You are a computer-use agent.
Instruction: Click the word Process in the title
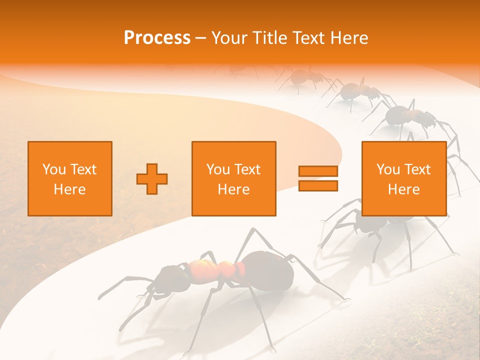[157, 38]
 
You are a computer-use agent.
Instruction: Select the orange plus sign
[152, 178]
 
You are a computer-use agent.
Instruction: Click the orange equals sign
[318, 178]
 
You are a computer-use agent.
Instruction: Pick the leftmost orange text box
[70, 178]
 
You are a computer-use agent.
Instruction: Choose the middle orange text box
[234, 178]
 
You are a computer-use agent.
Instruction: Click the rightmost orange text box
[404, 178]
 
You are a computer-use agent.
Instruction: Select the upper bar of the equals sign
[318, 171]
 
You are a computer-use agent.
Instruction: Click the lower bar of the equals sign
[318, 186]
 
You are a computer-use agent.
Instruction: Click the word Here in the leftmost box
[70, 189]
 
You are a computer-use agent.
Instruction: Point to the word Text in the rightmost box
[418, 169]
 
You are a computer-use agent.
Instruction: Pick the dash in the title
[201, 38]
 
